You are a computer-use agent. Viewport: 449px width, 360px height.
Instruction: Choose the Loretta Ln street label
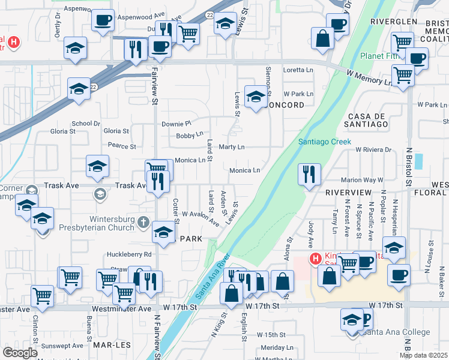[x=298, y=70]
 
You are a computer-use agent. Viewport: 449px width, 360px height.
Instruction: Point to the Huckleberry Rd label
[x=130, y=254]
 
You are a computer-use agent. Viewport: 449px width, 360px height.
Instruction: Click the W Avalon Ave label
[x=200, y=218]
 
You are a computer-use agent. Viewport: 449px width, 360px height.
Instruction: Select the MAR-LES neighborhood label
[x=108, y=346]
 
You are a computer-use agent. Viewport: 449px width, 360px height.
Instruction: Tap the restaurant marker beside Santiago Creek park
[x=309, y=175]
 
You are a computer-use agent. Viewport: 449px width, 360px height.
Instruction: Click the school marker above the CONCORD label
[x=256, y=97]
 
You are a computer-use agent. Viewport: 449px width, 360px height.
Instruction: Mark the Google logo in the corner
[x=20, y=353]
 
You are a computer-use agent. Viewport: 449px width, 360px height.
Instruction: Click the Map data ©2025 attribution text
[x=423, y=355]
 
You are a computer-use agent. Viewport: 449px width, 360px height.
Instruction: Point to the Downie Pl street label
[x=175, y=123]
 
